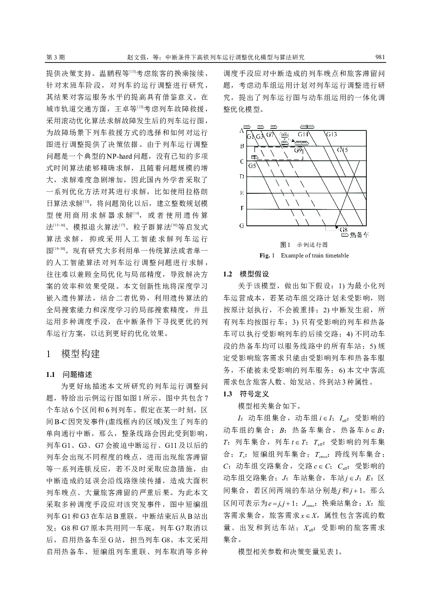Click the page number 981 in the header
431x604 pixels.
pos(379,57)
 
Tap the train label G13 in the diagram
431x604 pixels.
pos(332,135)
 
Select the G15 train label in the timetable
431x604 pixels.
pos(342,150)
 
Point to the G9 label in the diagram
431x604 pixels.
pos(298,150)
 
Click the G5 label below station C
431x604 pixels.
pos(252,165)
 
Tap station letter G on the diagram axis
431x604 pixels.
pos(242,225)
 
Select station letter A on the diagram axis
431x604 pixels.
pos(242,130)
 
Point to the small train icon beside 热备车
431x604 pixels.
pos(344,234)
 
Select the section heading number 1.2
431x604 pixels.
pos(228,274)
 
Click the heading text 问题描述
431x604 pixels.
pos(77,374)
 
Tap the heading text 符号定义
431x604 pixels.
pos(254,394)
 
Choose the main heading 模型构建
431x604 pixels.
pos(80,354)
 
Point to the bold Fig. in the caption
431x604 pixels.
pos(264,255)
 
